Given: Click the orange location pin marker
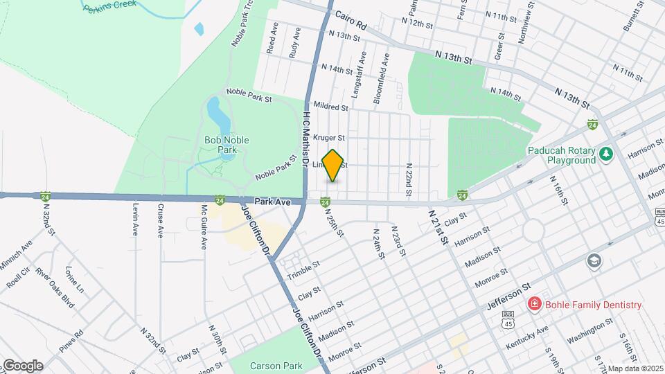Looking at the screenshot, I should pos(333,166).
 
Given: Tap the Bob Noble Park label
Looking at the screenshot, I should pos(226,145).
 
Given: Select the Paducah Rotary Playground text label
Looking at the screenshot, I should pos(561,155).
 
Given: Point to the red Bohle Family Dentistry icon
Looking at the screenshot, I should pos(534,304).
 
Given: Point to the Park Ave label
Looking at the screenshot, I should pos(272,202).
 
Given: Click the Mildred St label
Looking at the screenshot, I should pos(330,107).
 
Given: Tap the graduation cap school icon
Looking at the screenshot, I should pos(594,261).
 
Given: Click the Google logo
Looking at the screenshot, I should pos(23,365).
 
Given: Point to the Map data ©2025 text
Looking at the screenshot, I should pos(635,368).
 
